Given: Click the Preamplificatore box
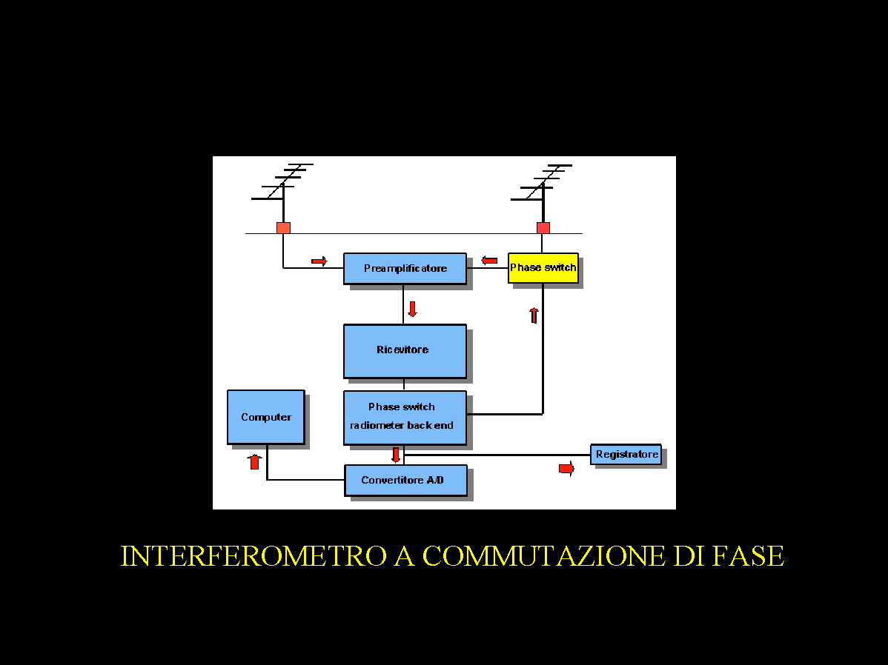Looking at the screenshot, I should click(405, 268).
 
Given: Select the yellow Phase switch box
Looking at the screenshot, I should click(543, 267).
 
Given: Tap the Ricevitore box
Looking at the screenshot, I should click(405, 350).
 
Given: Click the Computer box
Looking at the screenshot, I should click(265, 417).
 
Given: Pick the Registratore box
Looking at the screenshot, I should click(626, 454).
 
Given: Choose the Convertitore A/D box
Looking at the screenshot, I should click(405, 480).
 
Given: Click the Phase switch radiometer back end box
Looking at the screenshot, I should click(405, 417).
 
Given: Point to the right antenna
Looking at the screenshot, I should click(543, 185).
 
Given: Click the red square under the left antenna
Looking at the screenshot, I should click(283, 227).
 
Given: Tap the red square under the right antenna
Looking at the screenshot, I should click(543, 227).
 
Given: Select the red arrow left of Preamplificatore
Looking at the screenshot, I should click(319, 261).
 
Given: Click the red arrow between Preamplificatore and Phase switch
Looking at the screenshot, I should click(489, 260).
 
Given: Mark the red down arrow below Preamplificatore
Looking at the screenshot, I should click(412, 309).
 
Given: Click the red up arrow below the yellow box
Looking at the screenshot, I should click(533, 315).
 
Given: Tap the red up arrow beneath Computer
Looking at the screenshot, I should click(254, 461).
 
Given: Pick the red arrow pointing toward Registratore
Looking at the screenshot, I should click(566, 469).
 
